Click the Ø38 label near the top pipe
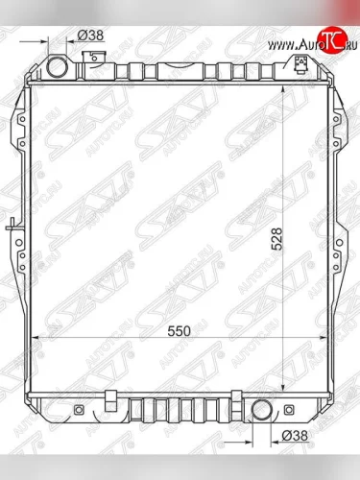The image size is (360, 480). [x=90, y=36]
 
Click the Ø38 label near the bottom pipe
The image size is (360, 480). [x=295, y=437]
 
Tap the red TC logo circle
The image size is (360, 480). [x=333, y=37]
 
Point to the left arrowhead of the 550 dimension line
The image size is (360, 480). [x=37, y=338]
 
